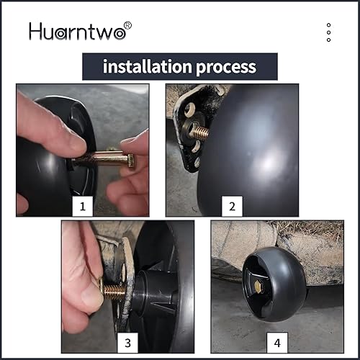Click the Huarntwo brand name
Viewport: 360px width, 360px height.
click(x=76, y=32)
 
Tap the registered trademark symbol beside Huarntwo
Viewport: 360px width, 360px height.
click(x=127, y=26)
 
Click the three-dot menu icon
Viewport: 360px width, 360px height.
click(x=328, y=32)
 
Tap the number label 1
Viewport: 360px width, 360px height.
click(x=84, y=207)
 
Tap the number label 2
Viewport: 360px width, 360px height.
click(x=232, y=207)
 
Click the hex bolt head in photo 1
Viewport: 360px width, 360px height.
click(x=128, y=160)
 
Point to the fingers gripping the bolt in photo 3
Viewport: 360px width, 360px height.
click(x=83, y=288)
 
